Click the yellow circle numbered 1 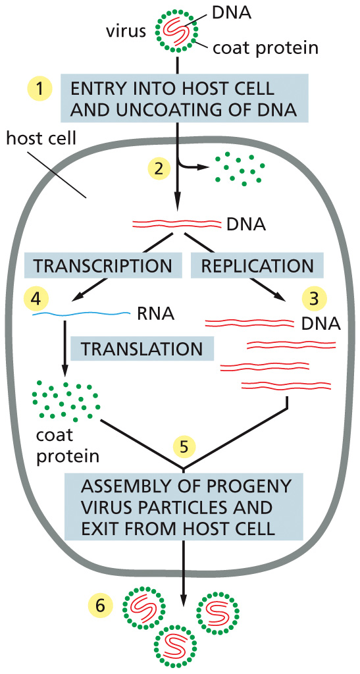click(39, 90)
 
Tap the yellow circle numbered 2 click(159, 167)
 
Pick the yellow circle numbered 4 click(37, 298)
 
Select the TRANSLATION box click(142, 348)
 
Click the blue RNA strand click(81, 315)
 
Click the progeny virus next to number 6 click(144, 606)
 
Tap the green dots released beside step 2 click(240, 169)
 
